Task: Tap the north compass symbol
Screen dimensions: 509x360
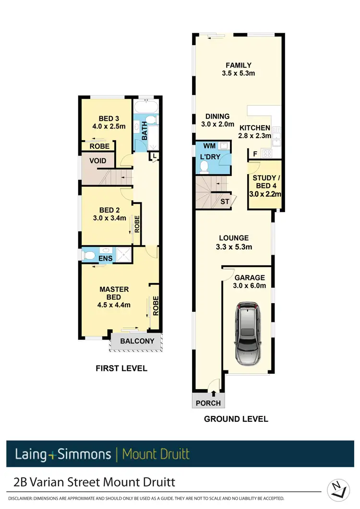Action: [338, 490]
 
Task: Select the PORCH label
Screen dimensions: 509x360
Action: [208, 403]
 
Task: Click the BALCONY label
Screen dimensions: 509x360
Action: [137, 341]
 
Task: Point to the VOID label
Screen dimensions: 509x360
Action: [97, 161]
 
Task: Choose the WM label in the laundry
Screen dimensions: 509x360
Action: [209, 145]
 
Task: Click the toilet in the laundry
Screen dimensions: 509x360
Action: [204, 166]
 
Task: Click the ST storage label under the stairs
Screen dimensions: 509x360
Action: [225, 201]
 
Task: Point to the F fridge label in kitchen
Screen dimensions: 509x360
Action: [255, 154]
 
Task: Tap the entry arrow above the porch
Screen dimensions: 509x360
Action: [213, 394]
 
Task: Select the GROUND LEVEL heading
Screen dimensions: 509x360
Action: [236, 419]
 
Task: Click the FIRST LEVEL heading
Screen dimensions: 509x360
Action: [121, 368]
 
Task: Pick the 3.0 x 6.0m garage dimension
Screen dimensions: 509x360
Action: [249, 286]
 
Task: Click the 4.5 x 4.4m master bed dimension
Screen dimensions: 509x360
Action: [114, 305]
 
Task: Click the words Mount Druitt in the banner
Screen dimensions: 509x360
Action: [156, 454]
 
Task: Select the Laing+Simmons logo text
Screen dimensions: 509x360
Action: [62, 454]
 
